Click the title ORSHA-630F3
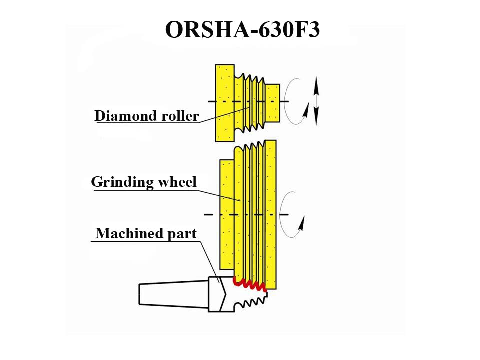click(242, 30)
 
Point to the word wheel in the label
click(177, 182)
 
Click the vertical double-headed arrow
click(315, 101)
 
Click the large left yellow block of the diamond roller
click(224, 102)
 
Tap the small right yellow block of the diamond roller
click(272, 103)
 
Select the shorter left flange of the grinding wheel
click(227, 212)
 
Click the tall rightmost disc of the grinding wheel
click(270, 212)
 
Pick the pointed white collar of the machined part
click(219, 294)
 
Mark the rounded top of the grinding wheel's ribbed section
click(249, 147)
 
